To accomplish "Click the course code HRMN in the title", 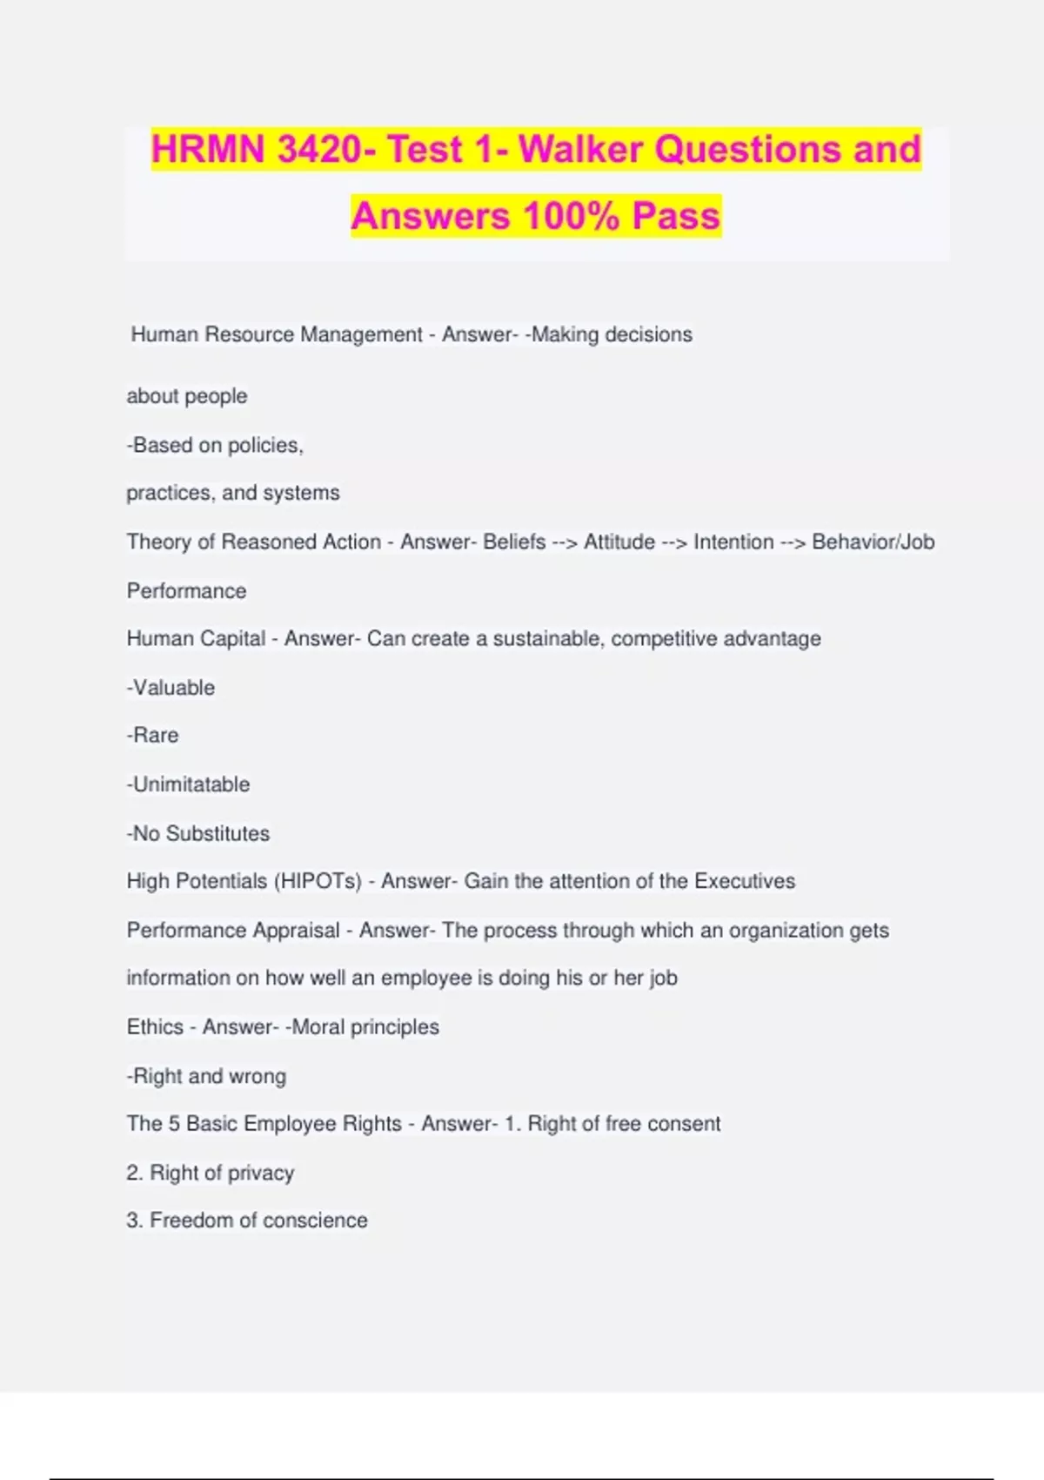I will coord(208,149).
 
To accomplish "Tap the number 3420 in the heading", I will coord(319,149).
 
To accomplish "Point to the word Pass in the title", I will coord(676,216).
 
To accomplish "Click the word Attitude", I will coord(619,542).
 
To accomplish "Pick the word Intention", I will coord(733,542).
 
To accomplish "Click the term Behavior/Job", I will coord(873,542).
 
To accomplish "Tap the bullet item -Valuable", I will coord(171,688).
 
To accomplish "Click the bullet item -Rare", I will coord(152,736).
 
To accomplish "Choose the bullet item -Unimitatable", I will coord(188,784).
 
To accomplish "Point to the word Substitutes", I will coord(217,833).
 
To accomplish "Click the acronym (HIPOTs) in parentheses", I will coord(318,881).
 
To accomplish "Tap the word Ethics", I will coord(155,1027).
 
